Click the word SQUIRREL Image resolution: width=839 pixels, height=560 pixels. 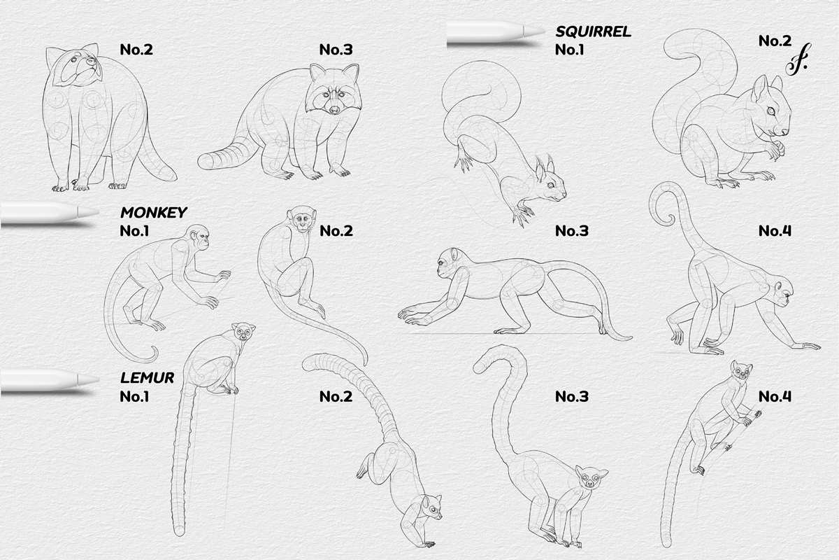point(593,31)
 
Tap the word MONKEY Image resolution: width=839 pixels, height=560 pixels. point(153,212)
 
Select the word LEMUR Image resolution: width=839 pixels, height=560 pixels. point(147,378)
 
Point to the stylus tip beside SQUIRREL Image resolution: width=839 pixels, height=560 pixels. point(537,31)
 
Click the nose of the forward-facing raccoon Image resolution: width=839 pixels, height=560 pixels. point(335,109)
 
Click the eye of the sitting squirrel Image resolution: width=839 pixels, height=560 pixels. point(771,111)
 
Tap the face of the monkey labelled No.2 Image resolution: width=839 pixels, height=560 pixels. point(302,222)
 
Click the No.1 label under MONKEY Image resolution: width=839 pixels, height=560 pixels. point(134,230)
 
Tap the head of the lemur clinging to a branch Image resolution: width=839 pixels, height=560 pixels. point(740,370)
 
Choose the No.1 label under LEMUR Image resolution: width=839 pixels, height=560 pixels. point(134,396)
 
